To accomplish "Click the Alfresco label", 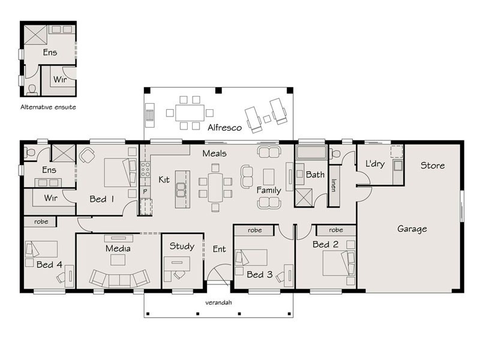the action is [224, 127].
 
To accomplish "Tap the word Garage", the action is [412, 229].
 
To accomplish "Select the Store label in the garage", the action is [432, 166].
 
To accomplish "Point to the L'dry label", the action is [375, 164].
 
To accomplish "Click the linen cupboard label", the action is [334, 185].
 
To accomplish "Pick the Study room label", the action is [182, 246].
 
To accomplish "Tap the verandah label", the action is [218, 303].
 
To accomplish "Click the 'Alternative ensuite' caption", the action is [48, 107].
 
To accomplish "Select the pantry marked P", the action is [145, 191].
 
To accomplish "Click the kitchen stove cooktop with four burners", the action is [145, 169].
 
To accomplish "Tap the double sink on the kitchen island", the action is [181, 190].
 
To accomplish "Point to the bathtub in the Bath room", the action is [311, 152].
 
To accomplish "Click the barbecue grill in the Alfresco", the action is [149, 115].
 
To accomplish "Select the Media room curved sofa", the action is [119, 278].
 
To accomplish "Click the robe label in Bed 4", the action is [41, 221].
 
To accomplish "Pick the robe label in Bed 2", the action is [336, 230].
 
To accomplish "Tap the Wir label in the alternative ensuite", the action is [60, 80].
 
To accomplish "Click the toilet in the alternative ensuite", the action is [32, 89].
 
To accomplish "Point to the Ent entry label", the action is [219, 249].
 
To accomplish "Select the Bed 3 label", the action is [260, 275].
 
